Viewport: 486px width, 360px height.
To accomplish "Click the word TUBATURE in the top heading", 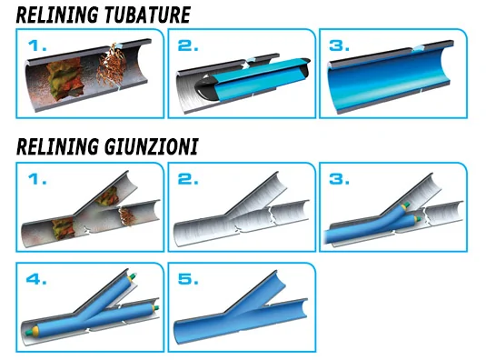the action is click(147, 15).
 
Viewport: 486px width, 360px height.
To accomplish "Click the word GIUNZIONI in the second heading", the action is click(151, 146).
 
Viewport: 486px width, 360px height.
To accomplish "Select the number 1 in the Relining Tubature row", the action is click(37, 45).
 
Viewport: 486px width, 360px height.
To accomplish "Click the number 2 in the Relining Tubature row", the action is click(188, 45).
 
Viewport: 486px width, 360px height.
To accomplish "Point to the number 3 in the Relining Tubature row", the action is click(339, 45).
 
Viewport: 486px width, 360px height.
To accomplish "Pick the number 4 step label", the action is click(36, 279).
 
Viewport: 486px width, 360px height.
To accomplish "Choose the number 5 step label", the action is click(188, 279).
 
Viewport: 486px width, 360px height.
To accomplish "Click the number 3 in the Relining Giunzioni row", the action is click(339, 179).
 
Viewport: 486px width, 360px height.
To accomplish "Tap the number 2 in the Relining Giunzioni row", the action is click(188, 179).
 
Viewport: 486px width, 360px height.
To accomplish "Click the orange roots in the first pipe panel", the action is click(112, 66).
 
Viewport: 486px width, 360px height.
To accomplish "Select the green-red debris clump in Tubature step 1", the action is click(64, 80).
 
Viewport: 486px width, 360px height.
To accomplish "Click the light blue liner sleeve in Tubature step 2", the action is click(254, 77).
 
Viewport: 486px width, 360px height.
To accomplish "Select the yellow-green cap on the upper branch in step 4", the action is click(132, 276).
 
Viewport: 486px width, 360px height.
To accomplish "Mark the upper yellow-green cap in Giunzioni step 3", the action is click(405, 205).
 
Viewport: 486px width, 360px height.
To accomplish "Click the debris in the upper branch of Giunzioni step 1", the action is click(106, 196).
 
